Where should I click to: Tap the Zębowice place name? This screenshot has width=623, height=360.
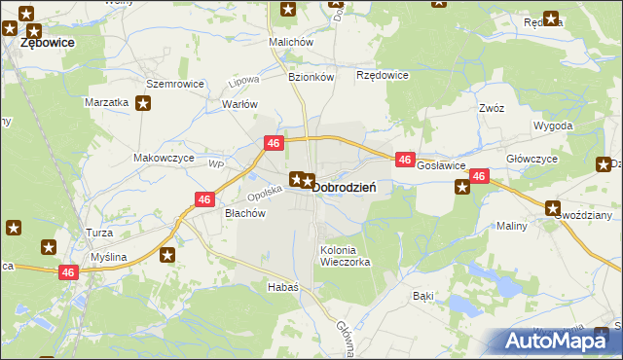(x=48, y=44)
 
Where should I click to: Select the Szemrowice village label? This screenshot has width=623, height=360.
(x=175, y=84)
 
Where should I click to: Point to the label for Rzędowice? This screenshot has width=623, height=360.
(x=383, y=75)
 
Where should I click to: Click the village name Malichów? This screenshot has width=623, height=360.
(x=291, y=42)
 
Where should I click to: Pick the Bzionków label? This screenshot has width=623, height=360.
(x=311, y=76)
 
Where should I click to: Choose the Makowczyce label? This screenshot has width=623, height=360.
(x=164, y=158)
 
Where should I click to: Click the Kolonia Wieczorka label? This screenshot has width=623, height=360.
(x=345, y=256)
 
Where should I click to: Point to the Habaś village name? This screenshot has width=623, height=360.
(x=282, y=287)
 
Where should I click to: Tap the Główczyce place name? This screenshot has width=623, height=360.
(x=531, y=158)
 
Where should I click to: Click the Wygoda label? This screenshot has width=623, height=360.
(x=553, y=126)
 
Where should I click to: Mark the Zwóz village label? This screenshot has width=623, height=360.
(x=491, y=108)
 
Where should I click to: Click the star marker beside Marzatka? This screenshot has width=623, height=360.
(x=143, y=102)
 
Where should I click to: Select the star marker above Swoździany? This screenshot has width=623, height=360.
(x=553, y=207)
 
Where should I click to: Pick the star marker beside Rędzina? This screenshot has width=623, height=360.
(x=552, y=18)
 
